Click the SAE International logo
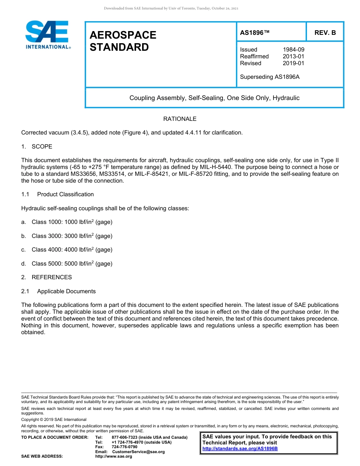[47, 35]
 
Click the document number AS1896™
[255, 33]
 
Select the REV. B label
[325, 33]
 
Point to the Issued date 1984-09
[293, 50]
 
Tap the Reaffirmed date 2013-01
[293, 56]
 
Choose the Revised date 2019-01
[293, 63]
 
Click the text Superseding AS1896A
[269, 77]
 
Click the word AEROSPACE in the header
[123, 35]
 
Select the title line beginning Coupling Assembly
[214, 98]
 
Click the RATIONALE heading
[180, 119]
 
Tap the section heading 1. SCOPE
[37, 147]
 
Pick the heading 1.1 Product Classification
[58, 194]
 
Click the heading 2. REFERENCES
[46, 277]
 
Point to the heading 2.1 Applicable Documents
[59, 291]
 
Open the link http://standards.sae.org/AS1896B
[240, 449]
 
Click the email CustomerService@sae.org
[138, 452]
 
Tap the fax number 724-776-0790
[124, 447]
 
